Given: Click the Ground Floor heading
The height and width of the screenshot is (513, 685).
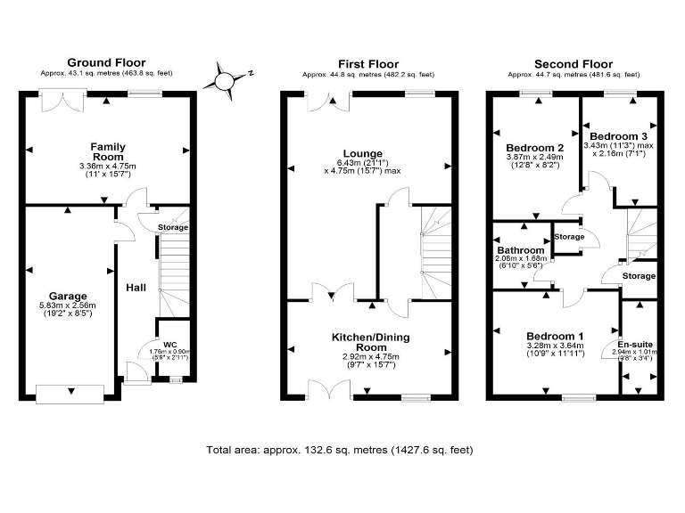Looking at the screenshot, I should coord(106,63).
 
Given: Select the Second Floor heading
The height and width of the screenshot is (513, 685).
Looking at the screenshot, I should coord(573,63).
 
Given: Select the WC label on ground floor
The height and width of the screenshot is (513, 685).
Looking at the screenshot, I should coord(170,345).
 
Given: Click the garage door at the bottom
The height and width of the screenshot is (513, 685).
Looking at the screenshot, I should coord(68,392).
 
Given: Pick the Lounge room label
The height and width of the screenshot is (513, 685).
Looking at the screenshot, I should coord(367,153).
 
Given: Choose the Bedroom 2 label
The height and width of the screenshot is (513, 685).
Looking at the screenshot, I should coord(535,148).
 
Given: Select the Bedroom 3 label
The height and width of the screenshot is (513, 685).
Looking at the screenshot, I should coord(620,135).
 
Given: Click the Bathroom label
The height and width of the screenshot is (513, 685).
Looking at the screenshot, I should coord(521,251).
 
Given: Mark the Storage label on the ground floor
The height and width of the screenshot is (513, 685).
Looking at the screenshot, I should coord(173,228).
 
